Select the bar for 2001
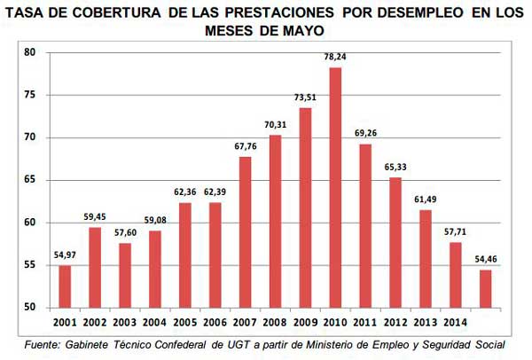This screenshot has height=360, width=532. click(65, 286)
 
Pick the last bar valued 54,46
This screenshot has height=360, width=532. click(485, 289)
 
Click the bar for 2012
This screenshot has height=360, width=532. click(395, 243)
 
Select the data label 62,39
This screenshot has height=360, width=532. click(215, 192)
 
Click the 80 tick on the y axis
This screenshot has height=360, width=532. click(29, 52)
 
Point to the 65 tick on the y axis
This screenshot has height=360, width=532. click(29, 180)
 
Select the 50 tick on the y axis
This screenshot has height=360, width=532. click(29, 308)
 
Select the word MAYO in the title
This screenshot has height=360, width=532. click(301, 30)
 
